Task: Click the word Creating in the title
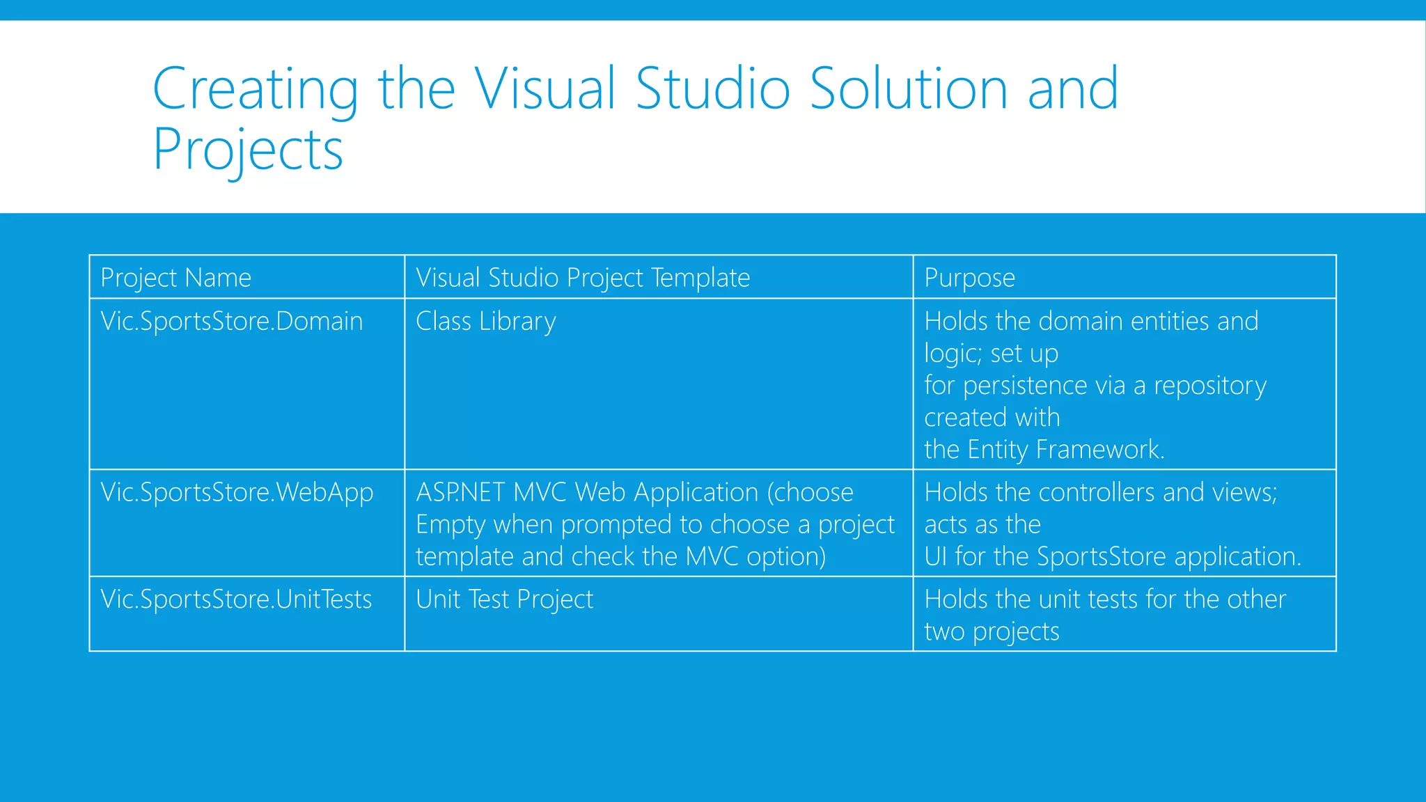pyautogui.click(x=255, y=89)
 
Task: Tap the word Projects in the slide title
pyautogui.click(x=248, y=149)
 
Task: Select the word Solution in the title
pyautogui.click(x=908, y=89)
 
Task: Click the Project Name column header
pyautogui.click(x=175, y=278)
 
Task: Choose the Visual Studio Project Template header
pyautogui.click(x=583, y=278)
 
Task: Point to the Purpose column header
pyautogui.click(x=969, y=278)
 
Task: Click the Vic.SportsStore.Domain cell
pyautogui.click(x=232, y=321)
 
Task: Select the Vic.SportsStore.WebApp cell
pyautogui.click(x=237, y=492)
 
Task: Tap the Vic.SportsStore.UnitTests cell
pyautogui.click(x=237, y=599)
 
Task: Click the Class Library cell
pyautogui.click(x=486, y=321)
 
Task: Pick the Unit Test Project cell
pyautogui.click(x=504, y=599)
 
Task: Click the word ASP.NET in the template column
pyautogui.click(x=460, y=492)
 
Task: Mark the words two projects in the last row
pyautogui.click(x=992, y=631)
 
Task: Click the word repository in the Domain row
pyautogui.click(x=1210, y=385)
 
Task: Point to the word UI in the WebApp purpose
pyautogui.click(x=935, y=556)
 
